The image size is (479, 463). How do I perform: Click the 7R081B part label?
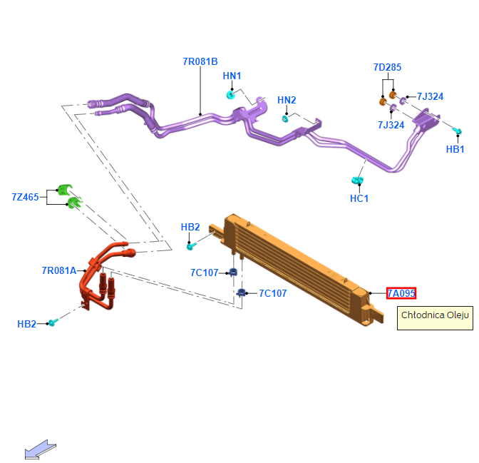click(x=200, y=61)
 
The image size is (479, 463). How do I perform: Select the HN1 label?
click(x=232, y=76)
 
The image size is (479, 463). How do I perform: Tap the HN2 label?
click(x=287, y=100)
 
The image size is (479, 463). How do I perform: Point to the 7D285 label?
click(x=387, y=67)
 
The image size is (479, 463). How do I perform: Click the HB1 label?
click(x=455, y=149)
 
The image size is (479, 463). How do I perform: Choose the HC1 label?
click(x=359, y=198)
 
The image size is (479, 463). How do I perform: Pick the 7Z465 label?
click(x=25, y=196)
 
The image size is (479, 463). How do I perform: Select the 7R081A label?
click(x=58, y=270)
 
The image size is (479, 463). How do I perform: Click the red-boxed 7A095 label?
click(x=401, y=293)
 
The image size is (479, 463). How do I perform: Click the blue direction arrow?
click(x=40, y=449)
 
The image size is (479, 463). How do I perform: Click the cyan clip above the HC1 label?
click(x=358, y=180)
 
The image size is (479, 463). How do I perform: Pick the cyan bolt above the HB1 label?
click(x=458, y=131)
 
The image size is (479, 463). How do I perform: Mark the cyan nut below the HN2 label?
click(x=285, y=118)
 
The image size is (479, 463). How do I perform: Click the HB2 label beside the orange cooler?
click(x=190, y=227)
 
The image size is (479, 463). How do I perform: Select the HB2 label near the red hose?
click(x=26, y=324)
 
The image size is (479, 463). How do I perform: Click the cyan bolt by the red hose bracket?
click(x=52, y=323)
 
